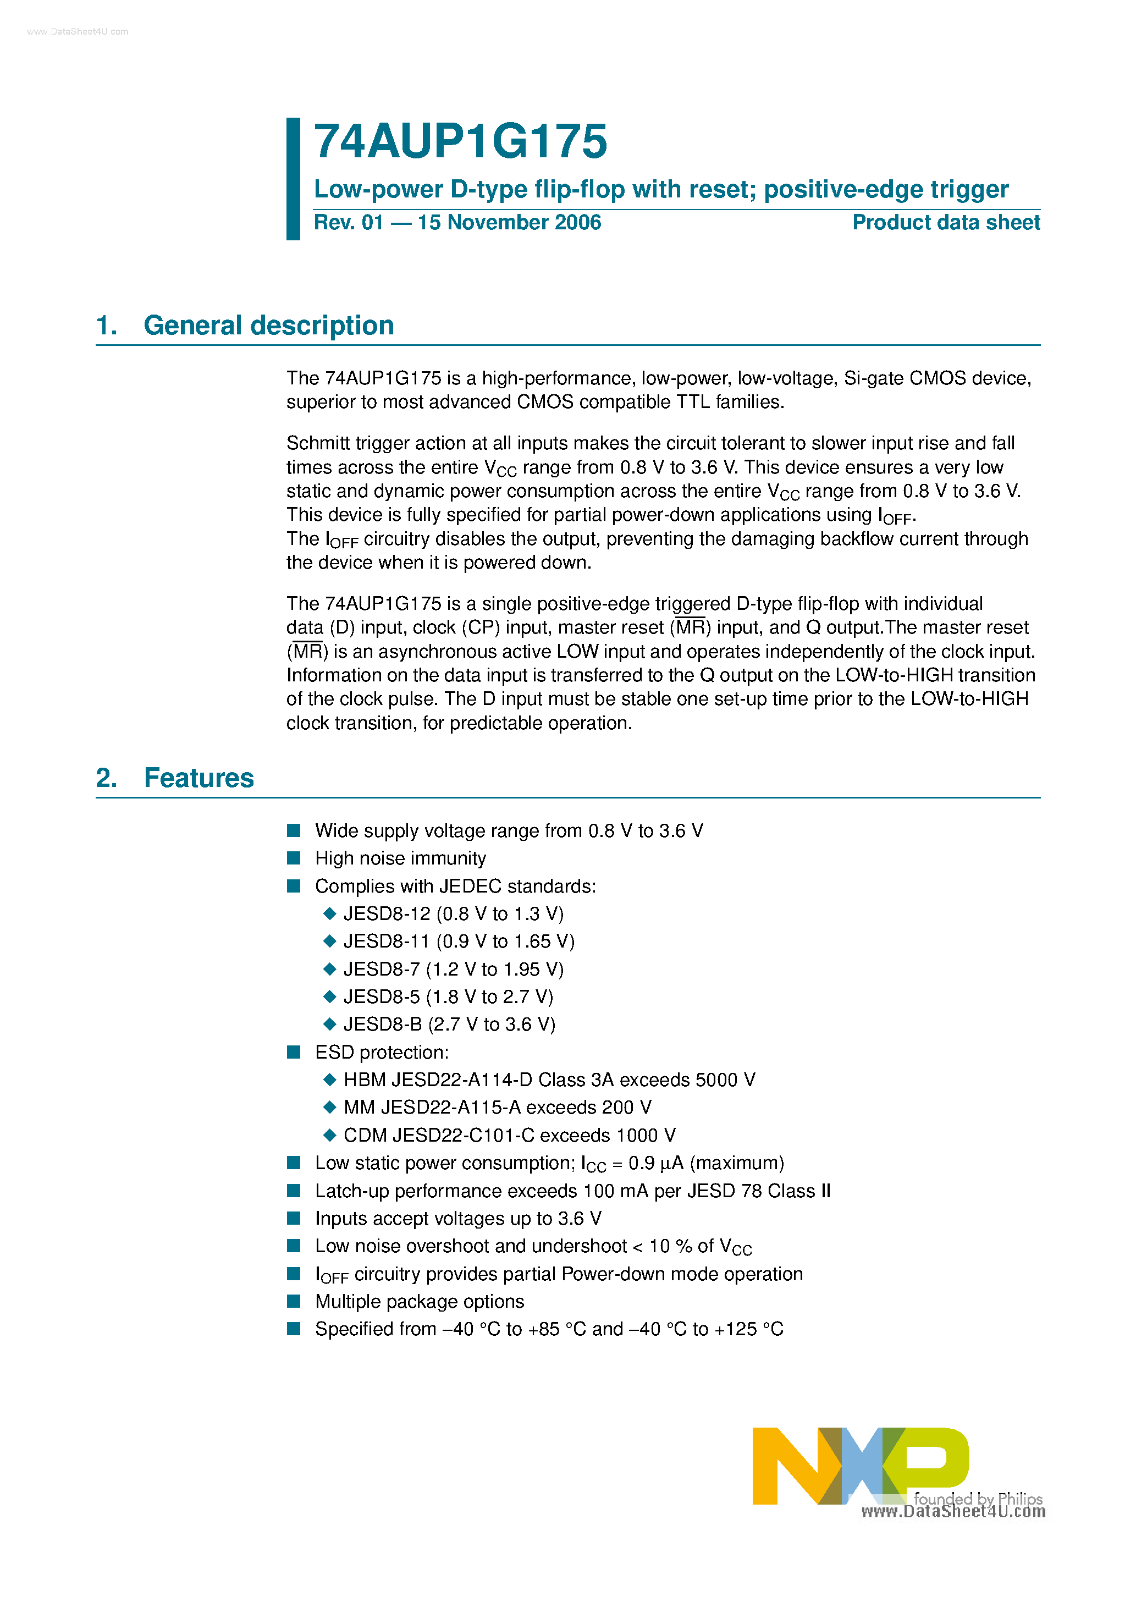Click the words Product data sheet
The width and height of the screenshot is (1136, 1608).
(946, 223)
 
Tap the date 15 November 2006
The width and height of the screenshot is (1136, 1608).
(509, 223)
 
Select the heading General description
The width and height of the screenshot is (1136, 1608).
(268, 326)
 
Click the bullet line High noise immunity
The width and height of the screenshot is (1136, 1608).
(400, 858)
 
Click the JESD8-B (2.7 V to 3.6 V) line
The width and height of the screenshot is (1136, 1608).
(449, 1025)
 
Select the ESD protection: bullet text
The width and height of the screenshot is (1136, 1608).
(382, 1053)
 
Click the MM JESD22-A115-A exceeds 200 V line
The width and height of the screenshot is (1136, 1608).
(497, 1107)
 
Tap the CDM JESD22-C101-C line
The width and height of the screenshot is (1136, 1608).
(509, 1135)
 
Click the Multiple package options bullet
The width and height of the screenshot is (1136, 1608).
(420, 1301)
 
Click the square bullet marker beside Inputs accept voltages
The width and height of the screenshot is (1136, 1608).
(294, 1219)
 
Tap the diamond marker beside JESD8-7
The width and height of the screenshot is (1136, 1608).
(330, 970)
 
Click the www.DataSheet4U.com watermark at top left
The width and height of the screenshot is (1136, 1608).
(78, 31)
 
